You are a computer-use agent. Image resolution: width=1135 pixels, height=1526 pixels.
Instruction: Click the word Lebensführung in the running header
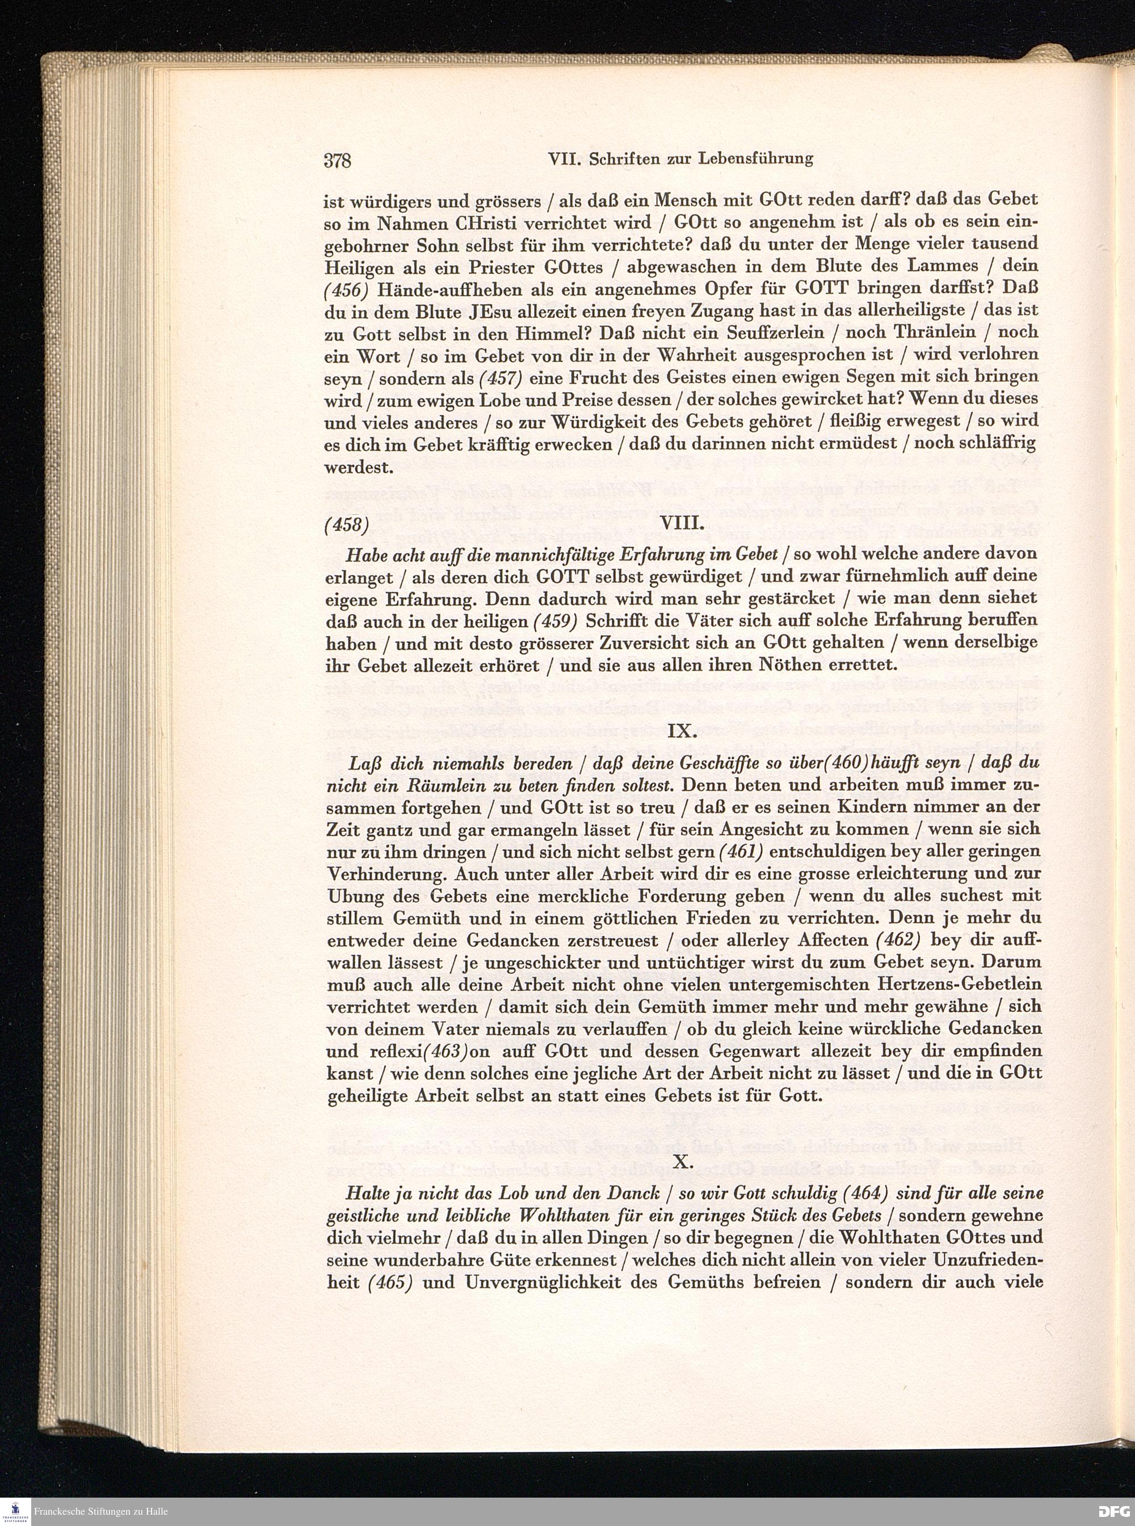(755, 159)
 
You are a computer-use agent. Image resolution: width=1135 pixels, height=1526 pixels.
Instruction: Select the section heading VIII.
(682, 523)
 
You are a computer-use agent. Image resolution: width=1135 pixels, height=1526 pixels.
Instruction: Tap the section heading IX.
(682, 730)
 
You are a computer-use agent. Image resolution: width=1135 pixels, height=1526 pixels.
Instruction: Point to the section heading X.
(682, 1161)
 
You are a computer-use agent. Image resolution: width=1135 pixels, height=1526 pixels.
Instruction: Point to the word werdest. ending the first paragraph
(358, 468)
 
